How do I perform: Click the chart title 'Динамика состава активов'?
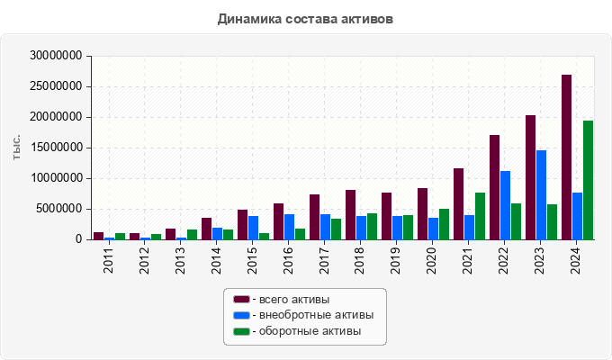click(306, 18)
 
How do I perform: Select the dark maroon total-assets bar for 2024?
click(566, 157)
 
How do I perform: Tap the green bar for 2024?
click(588, 180)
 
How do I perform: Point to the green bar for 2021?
click(480, 216)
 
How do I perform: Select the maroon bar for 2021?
click(458, 203)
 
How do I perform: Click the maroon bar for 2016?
click(278, 221)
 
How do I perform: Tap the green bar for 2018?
click(372, 226)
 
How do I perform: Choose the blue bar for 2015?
click(253, 228)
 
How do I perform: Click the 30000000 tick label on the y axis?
click(56, 56)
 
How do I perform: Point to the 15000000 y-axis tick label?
click(56, 148)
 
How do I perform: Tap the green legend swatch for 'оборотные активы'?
click(241, 331)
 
